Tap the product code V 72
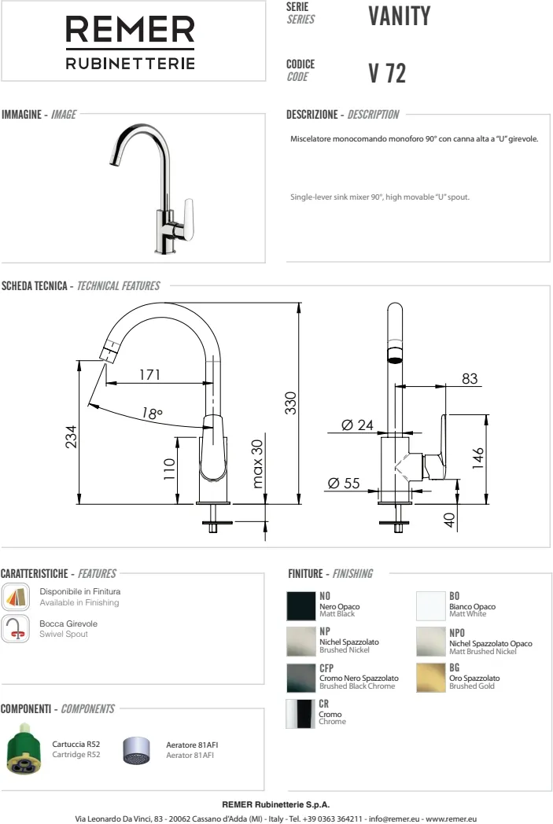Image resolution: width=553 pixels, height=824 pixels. tap(387, 73)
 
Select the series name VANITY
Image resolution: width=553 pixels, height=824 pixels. tap(400, 16)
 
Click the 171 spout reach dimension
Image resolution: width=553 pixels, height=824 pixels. tap(149, 375)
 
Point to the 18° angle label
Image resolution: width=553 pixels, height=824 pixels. tap(152, 414)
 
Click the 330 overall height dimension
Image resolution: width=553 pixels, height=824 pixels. tap(291, 403)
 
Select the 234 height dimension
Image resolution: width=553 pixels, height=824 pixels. tap(71, 436)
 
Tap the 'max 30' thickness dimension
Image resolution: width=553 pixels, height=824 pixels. tap(257, 464)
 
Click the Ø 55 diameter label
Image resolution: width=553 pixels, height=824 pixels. tap(344, 483)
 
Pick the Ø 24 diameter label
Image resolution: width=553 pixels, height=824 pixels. tap(357, 425)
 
